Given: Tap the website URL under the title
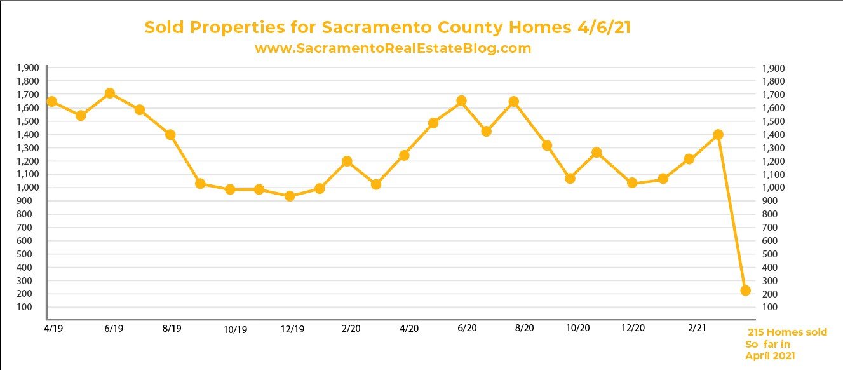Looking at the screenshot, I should (393, 48).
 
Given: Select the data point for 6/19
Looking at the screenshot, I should (109, 93).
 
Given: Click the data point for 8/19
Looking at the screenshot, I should (170, 135).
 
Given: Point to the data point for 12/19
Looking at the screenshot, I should (290, 196).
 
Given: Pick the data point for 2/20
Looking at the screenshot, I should (347, 161).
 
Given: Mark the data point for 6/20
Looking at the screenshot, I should (462, 101).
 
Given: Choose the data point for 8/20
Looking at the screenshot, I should (514, 102).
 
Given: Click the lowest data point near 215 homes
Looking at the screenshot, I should (746, 291).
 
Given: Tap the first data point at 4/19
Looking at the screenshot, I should (52, 102).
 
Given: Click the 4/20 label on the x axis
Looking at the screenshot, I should (409, 329).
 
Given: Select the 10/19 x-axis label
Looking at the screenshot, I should (235, 330).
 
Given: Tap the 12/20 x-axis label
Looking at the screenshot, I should (633, 329).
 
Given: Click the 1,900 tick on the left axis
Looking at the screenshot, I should (29, 68).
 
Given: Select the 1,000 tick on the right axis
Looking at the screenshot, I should (773, 188).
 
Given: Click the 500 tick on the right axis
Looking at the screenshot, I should (769, 254).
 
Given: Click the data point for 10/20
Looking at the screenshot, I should (570, 179).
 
